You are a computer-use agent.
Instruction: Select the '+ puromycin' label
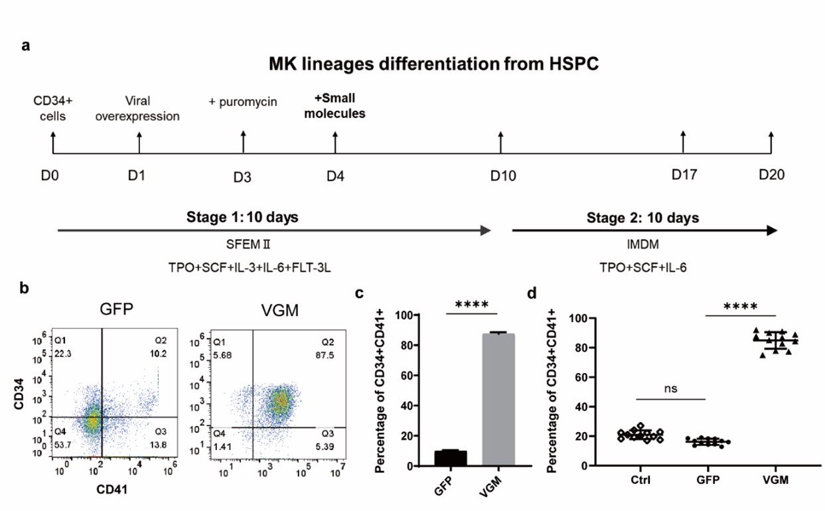coord(243,102)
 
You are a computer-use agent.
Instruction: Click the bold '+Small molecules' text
coord(339,106)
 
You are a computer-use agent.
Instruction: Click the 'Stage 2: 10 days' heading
coord(642,217)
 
